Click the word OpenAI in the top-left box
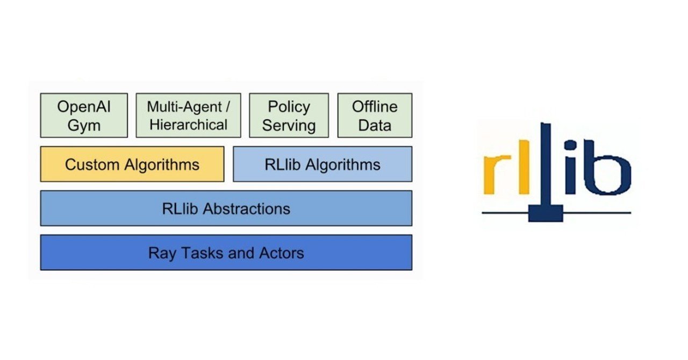click(84, 106)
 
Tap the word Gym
click(84, 126)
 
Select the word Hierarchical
click(188, 125)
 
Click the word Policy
click(289, 106)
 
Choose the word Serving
click(289, 126)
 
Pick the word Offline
click(375, 106)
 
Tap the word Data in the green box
click(375, 126)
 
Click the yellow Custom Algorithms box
click(132, 164)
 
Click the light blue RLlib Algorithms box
click(322, 164)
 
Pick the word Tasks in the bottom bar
click(202, 253)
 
